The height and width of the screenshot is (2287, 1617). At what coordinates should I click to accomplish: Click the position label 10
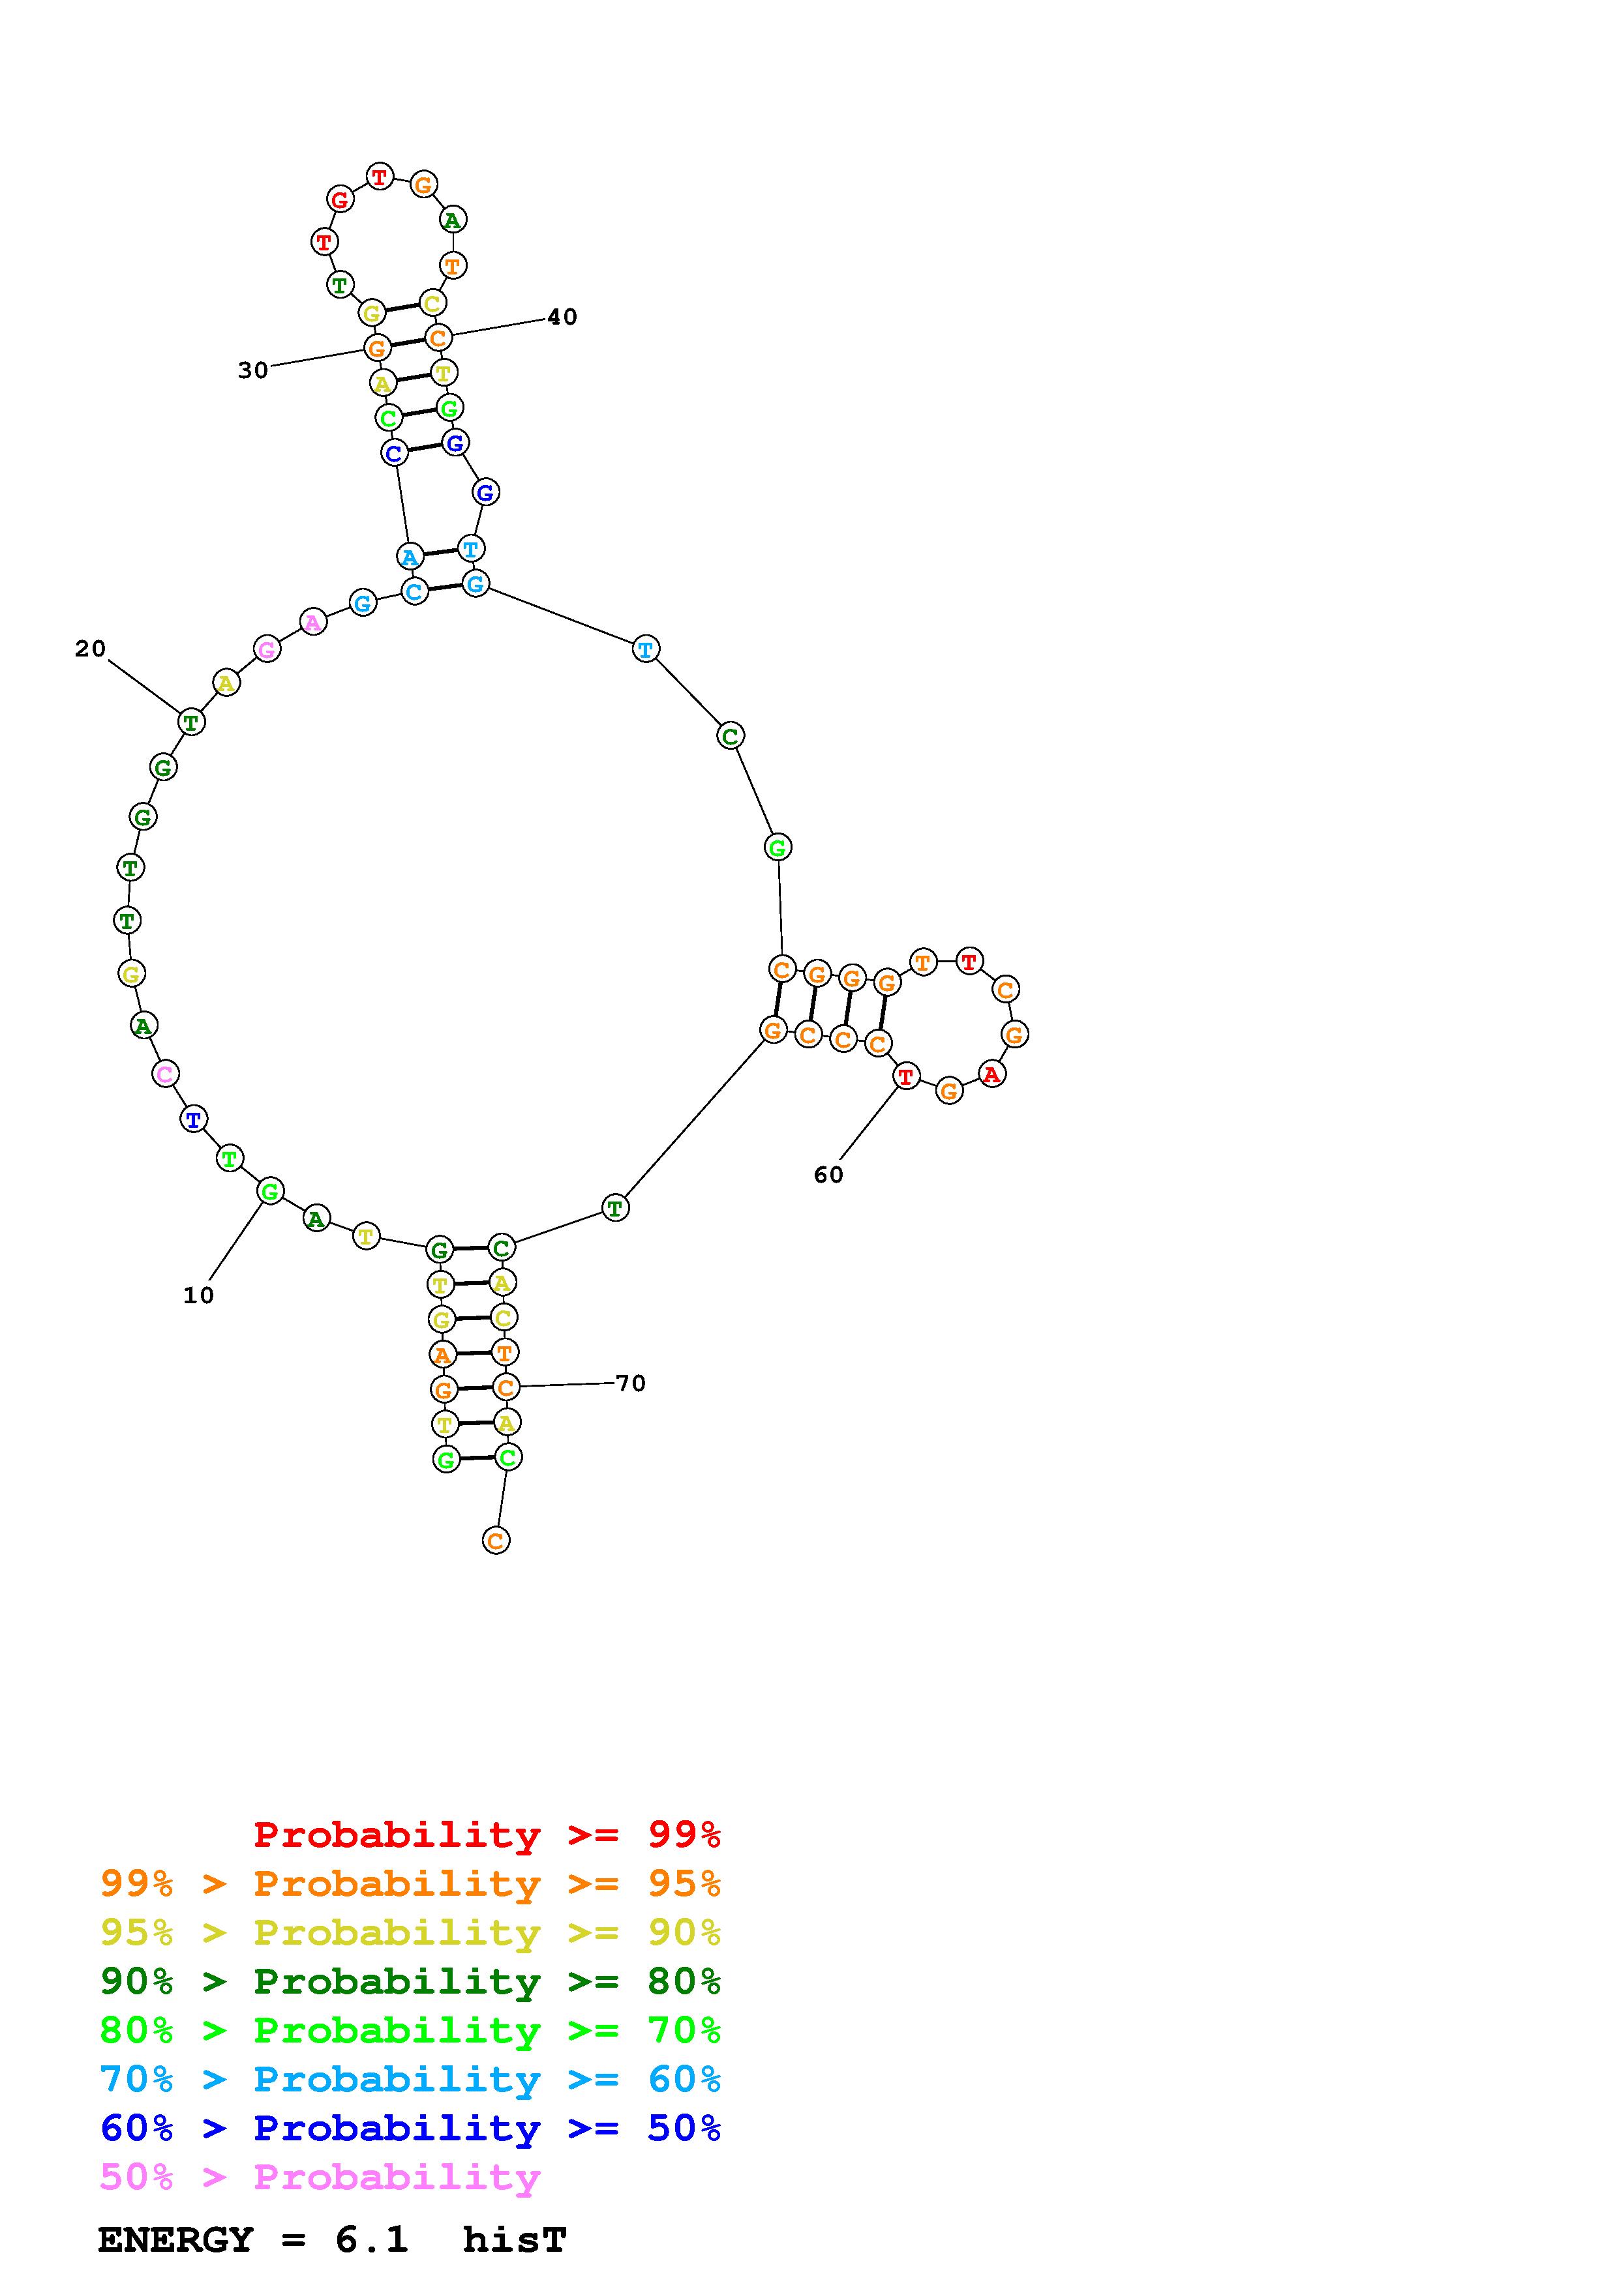coord(198,1295)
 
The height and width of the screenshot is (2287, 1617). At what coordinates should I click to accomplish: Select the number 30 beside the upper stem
coord(253,370)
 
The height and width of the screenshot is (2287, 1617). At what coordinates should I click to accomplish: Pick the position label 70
coord(631,1383)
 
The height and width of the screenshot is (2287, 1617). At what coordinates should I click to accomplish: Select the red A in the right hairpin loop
coord(991,1074)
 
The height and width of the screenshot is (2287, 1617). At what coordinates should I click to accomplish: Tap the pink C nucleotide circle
coord(166,1074)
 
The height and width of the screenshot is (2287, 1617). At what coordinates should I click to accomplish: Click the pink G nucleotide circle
coord(267,649)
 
